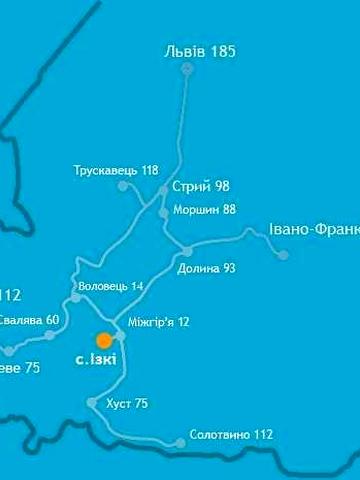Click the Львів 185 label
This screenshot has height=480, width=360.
click(x=200, y=50)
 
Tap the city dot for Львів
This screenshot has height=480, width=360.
click(x=187, y=68)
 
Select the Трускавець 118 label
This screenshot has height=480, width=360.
click(x=116, y=170)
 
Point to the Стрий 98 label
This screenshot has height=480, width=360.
click(x=201, y=187)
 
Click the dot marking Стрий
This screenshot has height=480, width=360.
click(x=163, y=190)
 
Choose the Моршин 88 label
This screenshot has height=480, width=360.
click(x=203, y=209)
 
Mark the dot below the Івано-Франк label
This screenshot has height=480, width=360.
click(x=283, y=254)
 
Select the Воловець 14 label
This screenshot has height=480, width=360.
click(x=110, y=286)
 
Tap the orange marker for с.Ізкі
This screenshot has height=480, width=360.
click(x=104, y=340)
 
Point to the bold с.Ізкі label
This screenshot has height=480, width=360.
click(x=96, y=359)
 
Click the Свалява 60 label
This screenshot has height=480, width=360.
click(x=30, y=320)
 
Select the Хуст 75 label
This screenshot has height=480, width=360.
click(x=126, y=404)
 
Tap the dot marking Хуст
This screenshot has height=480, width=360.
click(x=92, y=403)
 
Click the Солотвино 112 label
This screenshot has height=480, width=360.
click(x=231, y=435)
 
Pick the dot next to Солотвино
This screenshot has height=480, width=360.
click(x=181, y=442)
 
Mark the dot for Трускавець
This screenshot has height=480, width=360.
click(x=123, y=186)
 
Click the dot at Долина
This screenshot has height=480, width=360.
click(x=187, y=250)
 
